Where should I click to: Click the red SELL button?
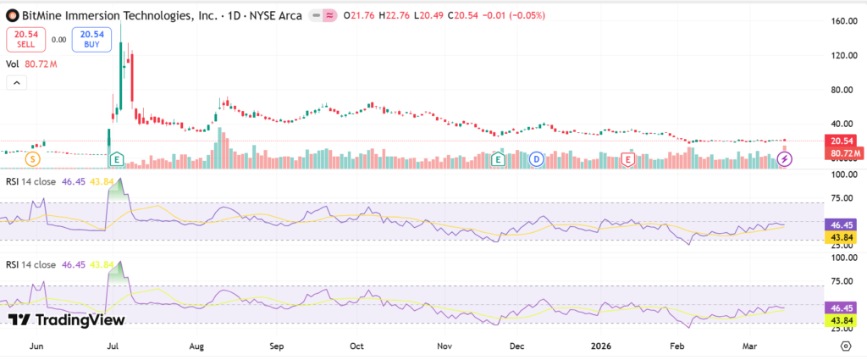[27, 39]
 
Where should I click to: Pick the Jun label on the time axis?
[36, 346]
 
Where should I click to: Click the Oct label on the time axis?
[356, 346]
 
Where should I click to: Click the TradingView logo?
[67, 319]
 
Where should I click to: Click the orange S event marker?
[32, 158]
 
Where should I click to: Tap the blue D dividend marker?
[537, 158]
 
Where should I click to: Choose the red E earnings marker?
[628, 158]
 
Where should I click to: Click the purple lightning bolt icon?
[785, 158]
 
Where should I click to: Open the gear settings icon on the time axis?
[846, 346]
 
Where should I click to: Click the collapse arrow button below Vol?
[17, 83]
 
